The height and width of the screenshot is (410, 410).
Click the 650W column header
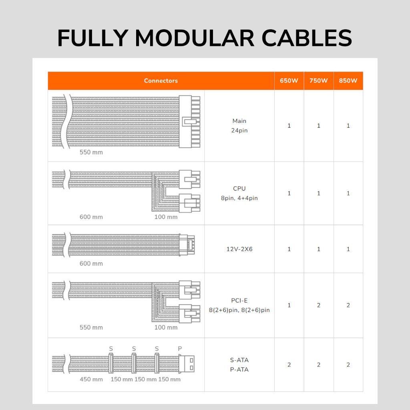[289, 80]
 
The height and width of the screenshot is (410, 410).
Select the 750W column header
[318, 80]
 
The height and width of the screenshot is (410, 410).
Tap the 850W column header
[348, 80]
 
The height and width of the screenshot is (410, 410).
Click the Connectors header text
[161, 80]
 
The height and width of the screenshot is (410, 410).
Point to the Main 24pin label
[239, 125]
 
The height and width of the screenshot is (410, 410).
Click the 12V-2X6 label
[239, 249]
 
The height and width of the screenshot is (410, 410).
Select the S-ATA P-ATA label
[239, 364]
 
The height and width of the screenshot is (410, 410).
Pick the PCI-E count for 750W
[318, 305]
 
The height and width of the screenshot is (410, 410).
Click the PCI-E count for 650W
[289, 305]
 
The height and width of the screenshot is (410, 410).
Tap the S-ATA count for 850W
[348, 364]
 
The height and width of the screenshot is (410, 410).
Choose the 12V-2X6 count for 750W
[318, 249]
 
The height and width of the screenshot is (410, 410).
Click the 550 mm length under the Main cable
[91, 152]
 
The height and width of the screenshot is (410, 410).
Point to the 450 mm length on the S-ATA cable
[91, 379]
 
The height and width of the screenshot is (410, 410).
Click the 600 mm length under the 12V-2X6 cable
[91, 263]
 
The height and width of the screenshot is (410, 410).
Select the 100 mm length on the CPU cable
[166, 217]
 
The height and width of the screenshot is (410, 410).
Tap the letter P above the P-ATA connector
[180, 349]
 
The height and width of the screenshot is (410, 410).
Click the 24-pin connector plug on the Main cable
[189, 122]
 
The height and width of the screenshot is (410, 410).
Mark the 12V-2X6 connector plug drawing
[187, 245]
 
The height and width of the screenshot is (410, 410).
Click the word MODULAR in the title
[194, 38]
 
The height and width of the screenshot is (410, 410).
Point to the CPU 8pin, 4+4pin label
[239, 193]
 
